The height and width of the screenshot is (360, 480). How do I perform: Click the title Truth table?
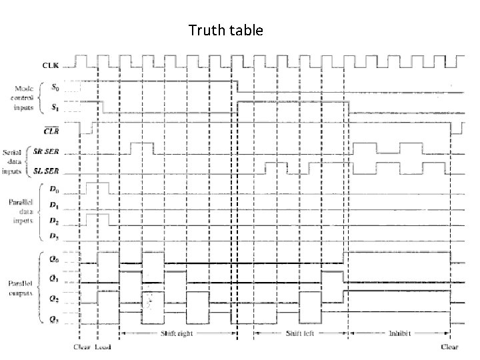click(x=226, y=31)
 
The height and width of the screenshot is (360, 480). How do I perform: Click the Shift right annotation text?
click(x=177, y=333)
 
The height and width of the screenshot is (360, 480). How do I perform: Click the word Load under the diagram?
click(x=104, y=347)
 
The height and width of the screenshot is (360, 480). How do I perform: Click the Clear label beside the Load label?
click(x=81, y=347)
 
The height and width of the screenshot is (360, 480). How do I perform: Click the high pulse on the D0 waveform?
click(x=97, y=186)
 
